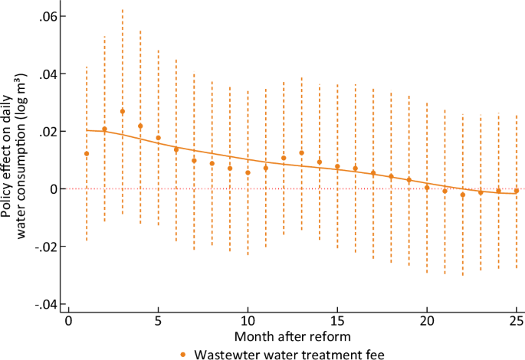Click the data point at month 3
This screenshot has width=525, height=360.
coord(122,112)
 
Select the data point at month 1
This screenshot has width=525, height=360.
coord(87,154)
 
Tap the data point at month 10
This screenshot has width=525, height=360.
coord(248,172)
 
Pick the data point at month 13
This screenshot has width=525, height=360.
coord(301,153)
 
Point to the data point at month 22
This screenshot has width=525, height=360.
coord(463,195)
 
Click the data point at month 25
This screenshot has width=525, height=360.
coord(517,191)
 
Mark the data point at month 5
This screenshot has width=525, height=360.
coord(158,138)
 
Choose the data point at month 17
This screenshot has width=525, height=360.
coord(373,173)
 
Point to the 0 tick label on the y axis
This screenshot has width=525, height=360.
coord(57,189)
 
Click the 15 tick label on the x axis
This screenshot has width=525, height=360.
coord(337,319)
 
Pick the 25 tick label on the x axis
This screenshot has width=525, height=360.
coord(516,319)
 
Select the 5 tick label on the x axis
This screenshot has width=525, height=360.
coord(158,319)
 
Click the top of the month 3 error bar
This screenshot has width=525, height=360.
coord(122,10)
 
